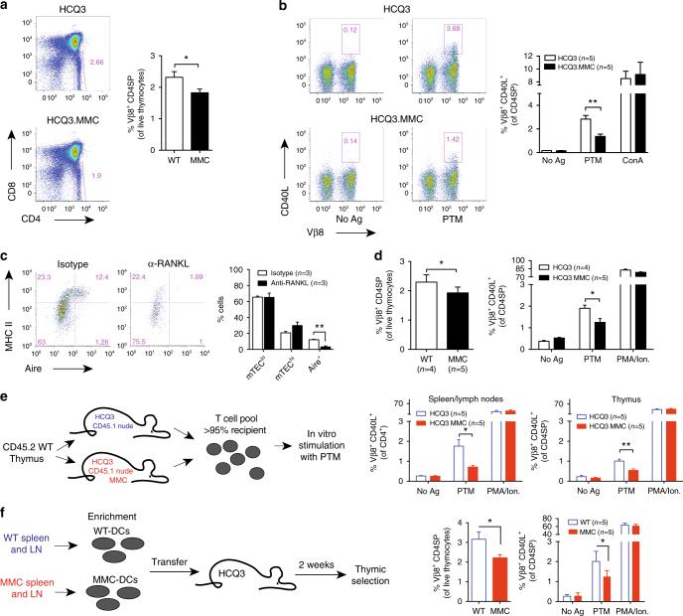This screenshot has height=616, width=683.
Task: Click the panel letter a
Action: click(x=6, y=7)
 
